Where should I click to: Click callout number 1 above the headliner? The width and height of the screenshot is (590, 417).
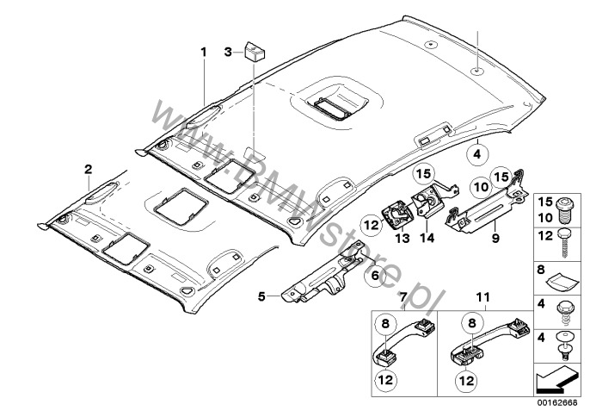click(204, 53)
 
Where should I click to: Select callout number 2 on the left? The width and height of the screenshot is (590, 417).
click(88, 170)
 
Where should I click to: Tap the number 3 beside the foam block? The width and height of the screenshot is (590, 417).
click(228, 53)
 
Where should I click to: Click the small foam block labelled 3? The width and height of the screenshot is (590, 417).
click(255, 50)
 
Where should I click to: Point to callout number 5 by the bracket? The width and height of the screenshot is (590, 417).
click(261, 296)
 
